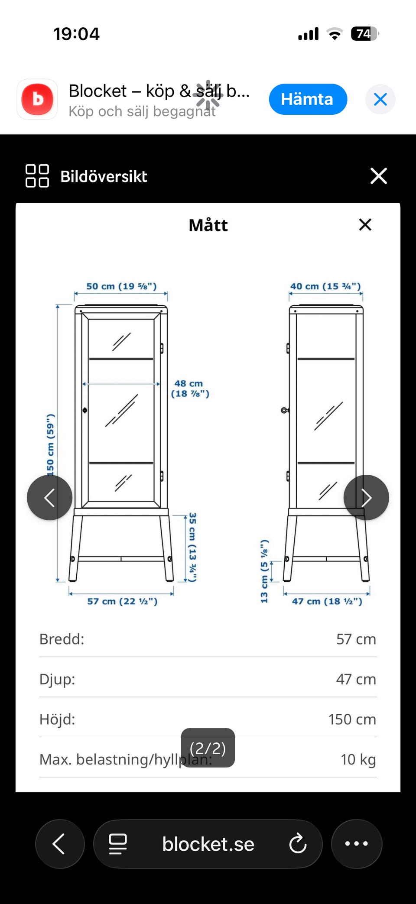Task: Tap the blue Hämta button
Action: [308, 99]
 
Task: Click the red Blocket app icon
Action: [37, 99]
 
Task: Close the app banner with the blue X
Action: [380, 99]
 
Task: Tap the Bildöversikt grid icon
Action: [37, 176]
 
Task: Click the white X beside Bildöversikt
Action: [379, 176]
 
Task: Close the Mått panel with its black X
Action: [365, 225]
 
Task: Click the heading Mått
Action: [208, 225]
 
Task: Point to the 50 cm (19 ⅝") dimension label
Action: [121, 286]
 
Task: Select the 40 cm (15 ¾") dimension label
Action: [325, 286]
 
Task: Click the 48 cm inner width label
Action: [190, 389]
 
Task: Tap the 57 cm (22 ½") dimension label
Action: [122, 601]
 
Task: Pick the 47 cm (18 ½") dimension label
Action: [327, 601]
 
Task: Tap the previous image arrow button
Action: [49, 498]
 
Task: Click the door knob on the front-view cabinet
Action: [85, 410]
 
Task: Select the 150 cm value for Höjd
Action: [352, 719]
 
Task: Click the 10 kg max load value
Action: [358, 759]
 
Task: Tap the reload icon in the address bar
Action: [298, 844]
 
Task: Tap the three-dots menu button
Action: [357, 843]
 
